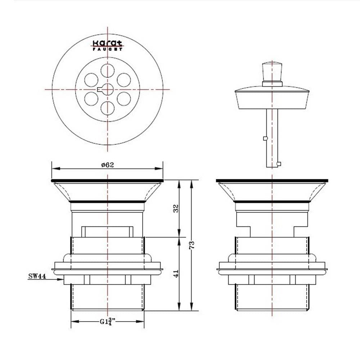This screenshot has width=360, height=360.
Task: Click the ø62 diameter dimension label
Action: pyautogui.click(x=107, y=165)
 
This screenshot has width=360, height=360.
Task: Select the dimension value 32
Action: pyautogui.click(x=176, y=208)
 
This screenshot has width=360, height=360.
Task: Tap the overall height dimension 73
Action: pyautogui.click(x=192, y=245)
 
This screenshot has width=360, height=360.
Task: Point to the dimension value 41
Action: pyautogui.click(x=176, y=274)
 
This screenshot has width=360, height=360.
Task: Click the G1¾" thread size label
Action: pyautogui.click(x=107, y=321)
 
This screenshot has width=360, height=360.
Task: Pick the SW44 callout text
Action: pyautogui.click(x=37, y=276)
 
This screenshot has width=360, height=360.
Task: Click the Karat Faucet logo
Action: pyautogui.click(x=107, y=45)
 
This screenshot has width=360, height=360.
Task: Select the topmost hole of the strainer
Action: pyautogui.click(x=107, y=71)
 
